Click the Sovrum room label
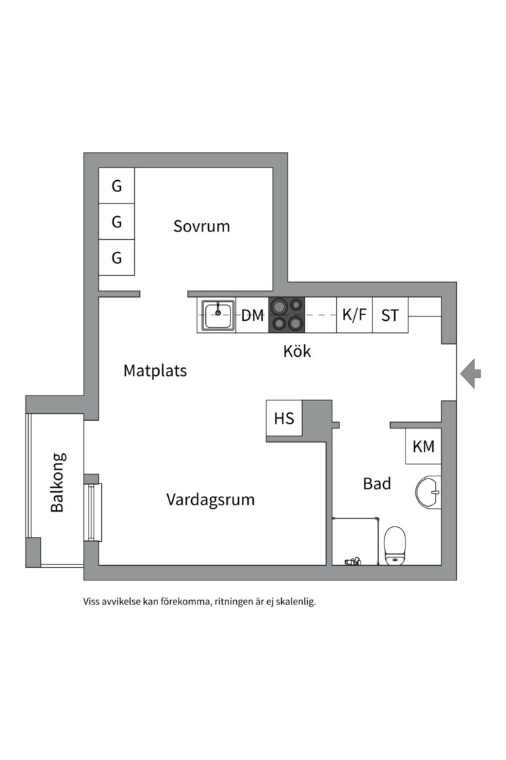202,227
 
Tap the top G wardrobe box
117,186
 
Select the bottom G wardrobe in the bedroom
117,258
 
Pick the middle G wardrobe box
117,222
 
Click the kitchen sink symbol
218,315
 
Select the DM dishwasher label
252,315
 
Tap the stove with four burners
287,315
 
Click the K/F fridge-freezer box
354,315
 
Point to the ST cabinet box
390,315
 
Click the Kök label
297,351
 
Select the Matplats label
155,371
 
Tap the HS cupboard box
284,419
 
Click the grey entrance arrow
471,373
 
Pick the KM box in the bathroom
423,446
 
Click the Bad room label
377,484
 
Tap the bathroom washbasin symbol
428,492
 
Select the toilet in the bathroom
396,546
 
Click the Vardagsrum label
210,500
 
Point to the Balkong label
58,482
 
